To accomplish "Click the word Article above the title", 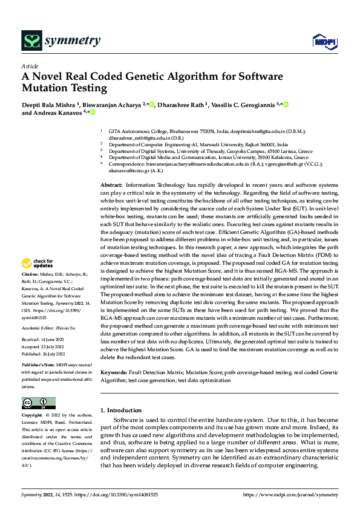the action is click(x=30, y=66).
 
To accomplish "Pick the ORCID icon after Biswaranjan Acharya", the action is click(x=151, y=104).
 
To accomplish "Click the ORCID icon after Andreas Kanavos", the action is click(x=93, y=112).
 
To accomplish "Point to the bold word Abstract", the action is click(x=111, y=184).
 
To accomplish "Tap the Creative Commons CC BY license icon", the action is click(x=38, y=403).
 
